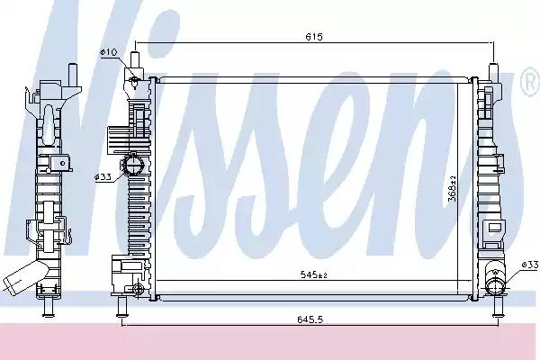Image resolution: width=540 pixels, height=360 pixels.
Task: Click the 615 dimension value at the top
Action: tap(314, 37)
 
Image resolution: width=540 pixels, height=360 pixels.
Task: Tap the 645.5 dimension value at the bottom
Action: tap(310, 319)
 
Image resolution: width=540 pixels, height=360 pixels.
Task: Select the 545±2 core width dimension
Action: tap(313, 274)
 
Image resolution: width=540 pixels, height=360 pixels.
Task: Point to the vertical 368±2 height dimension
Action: tap(453, 188)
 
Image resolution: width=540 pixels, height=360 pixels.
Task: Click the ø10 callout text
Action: tap(109, 52)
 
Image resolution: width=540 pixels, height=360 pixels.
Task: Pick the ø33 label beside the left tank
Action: tap(103, 177)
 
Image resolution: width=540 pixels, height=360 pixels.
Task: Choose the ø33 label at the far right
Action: tap(530, 265)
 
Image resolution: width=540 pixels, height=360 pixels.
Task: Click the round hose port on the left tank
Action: tap(133, 165)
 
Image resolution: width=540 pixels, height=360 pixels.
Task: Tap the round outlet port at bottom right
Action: tap(495, 284)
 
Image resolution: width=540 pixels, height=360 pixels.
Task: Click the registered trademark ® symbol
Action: tap(532, 82)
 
